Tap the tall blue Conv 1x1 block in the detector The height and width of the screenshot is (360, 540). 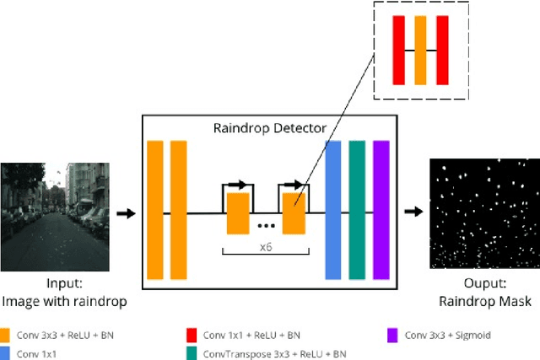pos(333,209)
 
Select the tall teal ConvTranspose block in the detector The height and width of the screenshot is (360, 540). pos(357,209)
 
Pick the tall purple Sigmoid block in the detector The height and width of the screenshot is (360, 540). pos(381,209)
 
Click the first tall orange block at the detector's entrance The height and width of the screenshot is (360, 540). pos(155,209)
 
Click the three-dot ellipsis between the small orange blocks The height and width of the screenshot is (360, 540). pos(265,226)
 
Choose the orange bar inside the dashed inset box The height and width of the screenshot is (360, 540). pos(420,50)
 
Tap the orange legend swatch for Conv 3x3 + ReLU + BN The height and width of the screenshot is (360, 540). pos(6,335)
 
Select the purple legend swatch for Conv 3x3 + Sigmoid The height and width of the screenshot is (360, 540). pos(391,335)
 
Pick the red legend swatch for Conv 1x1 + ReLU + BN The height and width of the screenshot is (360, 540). pos(192,335)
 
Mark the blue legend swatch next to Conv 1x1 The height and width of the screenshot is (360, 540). pos(6,353)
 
